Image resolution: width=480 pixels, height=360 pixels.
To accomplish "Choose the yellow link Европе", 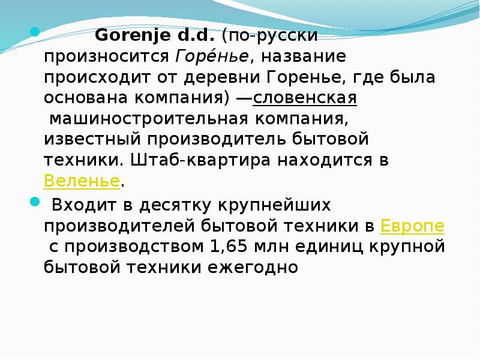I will pos(413,226).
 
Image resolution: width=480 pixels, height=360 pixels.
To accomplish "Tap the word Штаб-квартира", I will pos(200,160).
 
